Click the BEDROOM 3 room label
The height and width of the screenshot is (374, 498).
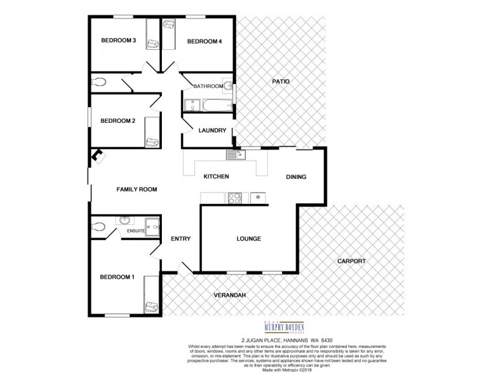coord(118,41)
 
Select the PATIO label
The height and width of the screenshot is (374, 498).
coord(281,82)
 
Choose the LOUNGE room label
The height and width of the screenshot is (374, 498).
coord(249,239)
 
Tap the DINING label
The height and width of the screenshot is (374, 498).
coord(296,177)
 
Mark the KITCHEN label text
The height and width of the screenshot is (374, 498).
coord(217,177)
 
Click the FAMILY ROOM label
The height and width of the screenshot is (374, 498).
coord(136,189)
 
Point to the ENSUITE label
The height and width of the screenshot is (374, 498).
coord(136,231)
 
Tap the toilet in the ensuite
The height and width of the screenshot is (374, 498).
coord(97,227)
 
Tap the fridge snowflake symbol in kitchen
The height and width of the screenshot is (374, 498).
coord(257,198)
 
